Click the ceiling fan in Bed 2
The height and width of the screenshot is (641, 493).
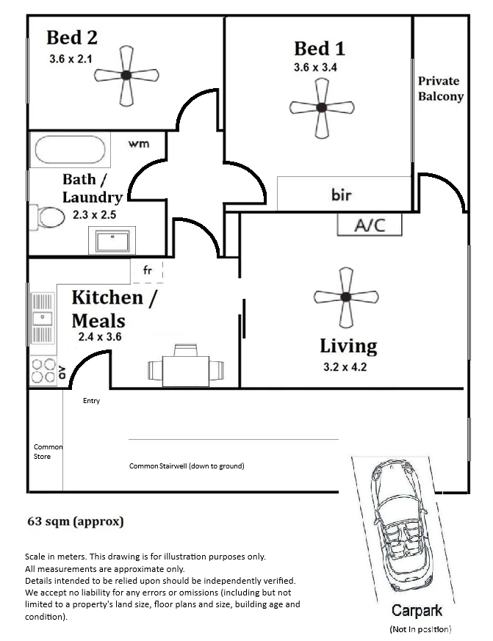tap(126, 76)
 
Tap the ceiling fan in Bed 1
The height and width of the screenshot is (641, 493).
tap(322, 108)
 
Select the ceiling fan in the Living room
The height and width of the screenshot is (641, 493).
tap(346, 297)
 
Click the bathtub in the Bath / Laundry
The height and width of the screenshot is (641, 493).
tap(70, 150)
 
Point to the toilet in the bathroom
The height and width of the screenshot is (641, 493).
tap(46, 217)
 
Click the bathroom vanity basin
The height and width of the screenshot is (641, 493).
tap(112, 241)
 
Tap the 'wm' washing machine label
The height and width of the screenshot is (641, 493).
tap(139, 144)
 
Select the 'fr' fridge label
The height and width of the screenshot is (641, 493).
tap(148, 269)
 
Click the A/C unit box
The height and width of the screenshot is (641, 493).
tap(370, 225)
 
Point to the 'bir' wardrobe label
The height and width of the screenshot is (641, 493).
tap(341, 195)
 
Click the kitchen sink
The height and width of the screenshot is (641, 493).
tap(43, 319)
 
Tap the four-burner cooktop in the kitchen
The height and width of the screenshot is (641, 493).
tap(43, 371)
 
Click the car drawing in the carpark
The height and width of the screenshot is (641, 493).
tap(402, 526)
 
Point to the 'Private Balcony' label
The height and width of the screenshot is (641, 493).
tap(441, 89)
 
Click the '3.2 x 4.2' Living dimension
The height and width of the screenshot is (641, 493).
tap(345, 367)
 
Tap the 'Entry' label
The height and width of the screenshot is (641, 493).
tap(91, 401)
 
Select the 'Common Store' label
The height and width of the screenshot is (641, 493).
tap(48, 452)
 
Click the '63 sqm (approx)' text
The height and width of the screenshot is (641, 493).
tap(76, 521)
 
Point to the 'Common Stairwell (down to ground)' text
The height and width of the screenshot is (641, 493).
tap(187, 466)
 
